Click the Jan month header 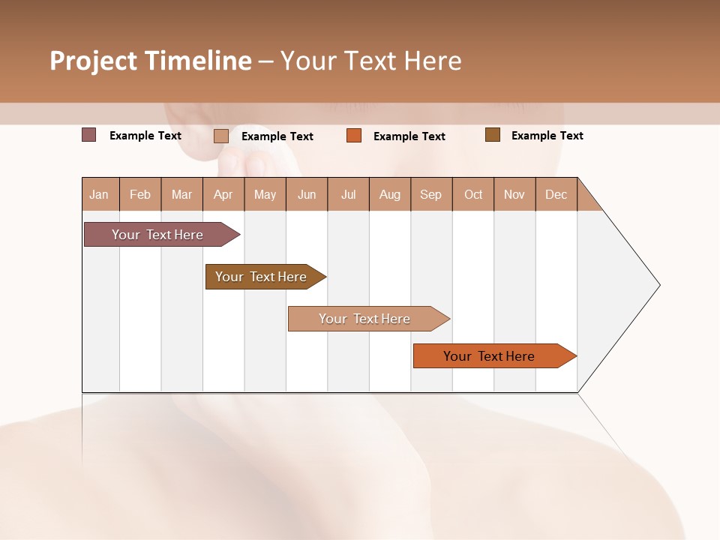point(100,194)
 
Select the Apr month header point(223,194)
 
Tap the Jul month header point(349,194)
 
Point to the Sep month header point(431,194)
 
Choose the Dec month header point(556,194)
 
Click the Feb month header point(140,194)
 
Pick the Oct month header point(473,194)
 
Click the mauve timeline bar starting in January point(157,235)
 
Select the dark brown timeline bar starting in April point(261,277)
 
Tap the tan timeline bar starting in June point(364,319)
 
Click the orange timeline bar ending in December point(489,356)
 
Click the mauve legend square point(89,135)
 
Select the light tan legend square point(221,136)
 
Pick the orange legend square point(354,136)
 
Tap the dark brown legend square point(493,135)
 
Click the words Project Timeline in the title point(150,61)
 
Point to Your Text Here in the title point(370,61)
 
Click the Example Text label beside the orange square point(409,136)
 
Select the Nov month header point(514,194)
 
